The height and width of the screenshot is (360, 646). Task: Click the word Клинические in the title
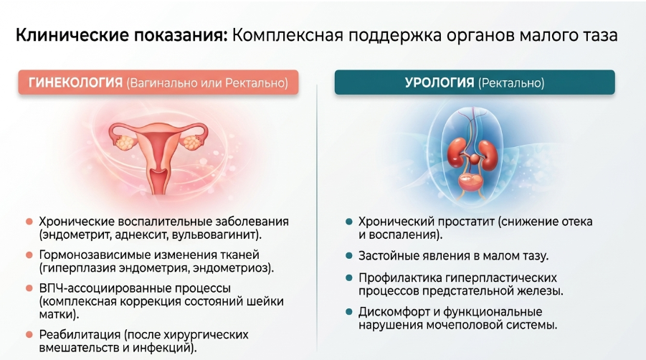tap(72, 35)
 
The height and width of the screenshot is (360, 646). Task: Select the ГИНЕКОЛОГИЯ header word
tap(75, 82)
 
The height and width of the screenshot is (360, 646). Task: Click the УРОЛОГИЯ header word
tap(440, 82)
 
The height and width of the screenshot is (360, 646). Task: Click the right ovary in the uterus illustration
tap(191, 142)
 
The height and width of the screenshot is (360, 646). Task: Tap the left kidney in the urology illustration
tap(457, 153)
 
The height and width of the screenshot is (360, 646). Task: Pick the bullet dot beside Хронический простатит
tap(349, 222)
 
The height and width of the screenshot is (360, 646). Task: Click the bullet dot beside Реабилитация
tap(29, 334)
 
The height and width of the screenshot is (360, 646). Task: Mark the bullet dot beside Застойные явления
tap(349, 256)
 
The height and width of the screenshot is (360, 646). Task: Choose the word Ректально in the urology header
tap(511, 83)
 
